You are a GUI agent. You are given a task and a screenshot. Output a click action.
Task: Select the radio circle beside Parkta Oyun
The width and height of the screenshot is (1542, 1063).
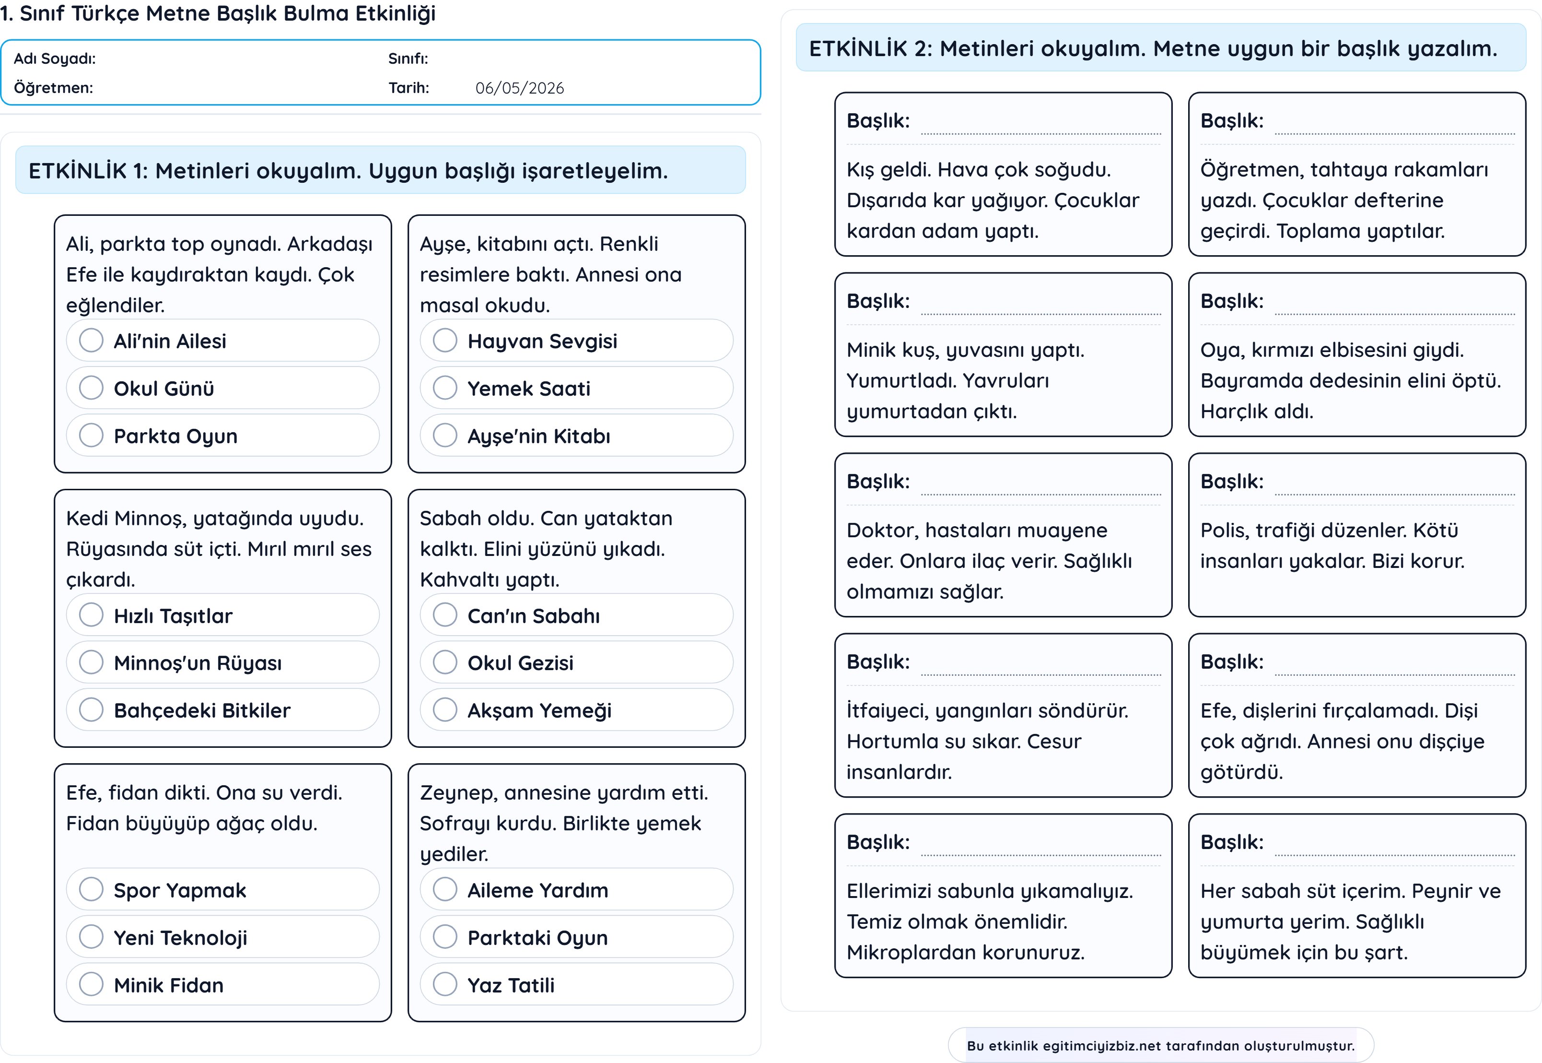coord(91,436)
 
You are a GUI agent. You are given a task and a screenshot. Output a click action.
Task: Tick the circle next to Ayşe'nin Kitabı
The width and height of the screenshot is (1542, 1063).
coord(445,436)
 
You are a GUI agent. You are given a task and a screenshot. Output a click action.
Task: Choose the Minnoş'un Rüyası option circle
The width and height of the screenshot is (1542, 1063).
coord(91,663)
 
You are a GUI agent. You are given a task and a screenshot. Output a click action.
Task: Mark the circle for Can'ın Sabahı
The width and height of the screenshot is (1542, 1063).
coord(445,615)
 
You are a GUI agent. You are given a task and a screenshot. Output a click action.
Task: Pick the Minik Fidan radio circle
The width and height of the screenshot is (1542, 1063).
coord(91,984)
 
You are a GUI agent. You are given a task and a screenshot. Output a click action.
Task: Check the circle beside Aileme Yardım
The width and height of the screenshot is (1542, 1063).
coord(445,889)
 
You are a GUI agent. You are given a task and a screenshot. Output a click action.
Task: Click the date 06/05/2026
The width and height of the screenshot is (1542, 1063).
coord(519,88)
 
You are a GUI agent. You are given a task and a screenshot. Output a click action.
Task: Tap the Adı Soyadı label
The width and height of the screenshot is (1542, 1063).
coord(55,59)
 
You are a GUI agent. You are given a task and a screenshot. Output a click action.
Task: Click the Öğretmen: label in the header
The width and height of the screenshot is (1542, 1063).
coord(53,88)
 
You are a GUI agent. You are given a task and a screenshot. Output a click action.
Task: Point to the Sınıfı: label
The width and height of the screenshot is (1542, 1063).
coord(408,59)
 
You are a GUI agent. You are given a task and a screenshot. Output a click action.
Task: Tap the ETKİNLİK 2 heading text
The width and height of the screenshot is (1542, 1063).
coord(1153,48)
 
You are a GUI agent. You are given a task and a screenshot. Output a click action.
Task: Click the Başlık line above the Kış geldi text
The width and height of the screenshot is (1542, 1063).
coord(1040,134)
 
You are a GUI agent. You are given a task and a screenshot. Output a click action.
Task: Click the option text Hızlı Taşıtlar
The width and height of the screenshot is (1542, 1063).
coord(173,616)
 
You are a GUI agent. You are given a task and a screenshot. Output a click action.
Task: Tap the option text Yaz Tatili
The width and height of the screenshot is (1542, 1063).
coord(511,985)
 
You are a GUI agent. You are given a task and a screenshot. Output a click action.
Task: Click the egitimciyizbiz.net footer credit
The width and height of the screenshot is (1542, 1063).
coord(1160,1046)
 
